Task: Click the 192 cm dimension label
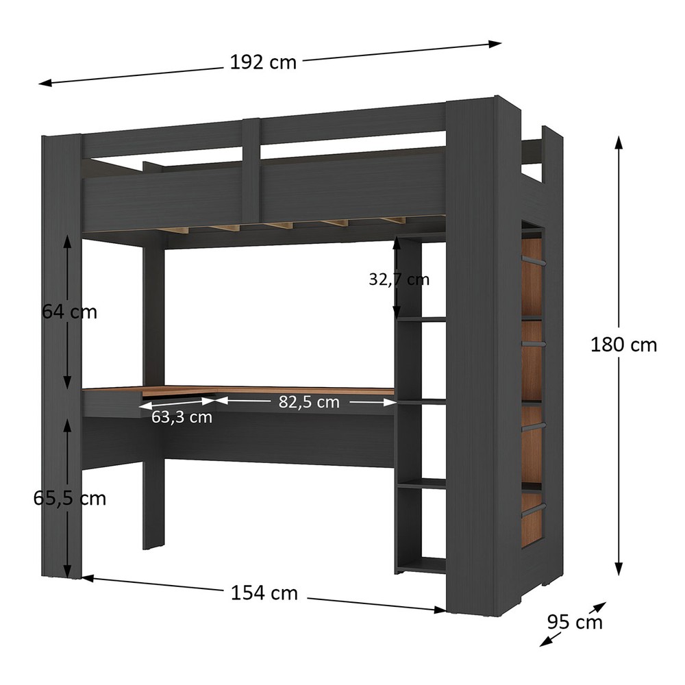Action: click(x=263, y=62)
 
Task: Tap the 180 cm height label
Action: click(x=623, y=345)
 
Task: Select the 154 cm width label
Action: click(x=264, y=593)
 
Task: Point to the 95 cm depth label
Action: click(x=575, y=622)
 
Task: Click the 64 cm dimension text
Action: click(x=69, y=312)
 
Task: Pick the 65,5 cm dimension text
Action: click(x=69, y=499)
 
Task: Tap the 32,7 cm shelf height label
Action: click(x=399, y=279)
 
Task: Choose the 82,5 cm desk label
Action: click(x=309, y=402)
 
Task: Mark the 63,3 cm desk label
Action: click(x=182, y=416)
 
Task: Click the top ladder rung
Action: click(x=533, y=261)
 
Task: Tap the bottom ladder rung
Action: click(x=533, y=509)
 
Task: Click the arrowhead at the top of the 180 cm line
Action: click(x=618, y=142)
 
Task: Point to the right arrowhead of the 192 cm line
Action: click(x=495, y=44)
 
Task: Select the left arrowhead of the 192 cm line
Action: click(x=45, y=83)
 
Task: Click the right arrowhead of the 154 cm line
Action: click(x=440, y=610)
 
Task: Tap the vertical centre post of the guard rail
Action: click(x=251, y=171)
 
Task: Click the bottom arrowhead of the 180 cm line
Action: click(x=618, y=569)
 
